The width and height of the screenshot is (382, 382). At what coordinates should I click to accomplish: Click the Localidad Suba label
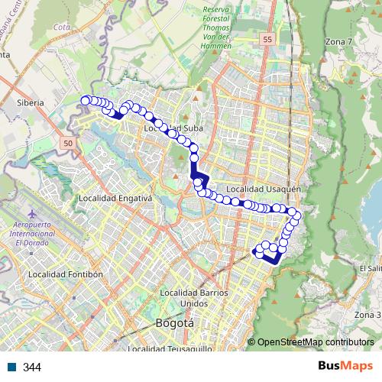click(172, 128)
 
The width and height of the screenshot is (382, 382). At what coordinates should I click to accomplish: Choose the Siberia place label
click(29, 102)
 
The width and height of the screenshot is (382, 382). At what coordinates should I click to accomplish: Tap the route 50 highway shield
click(69, 143)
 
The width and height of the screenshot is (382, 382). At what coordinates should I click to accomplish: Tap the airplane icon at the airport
click(31, 214)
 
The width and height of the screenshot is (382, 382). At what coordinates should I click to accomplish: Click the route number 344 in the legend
click(32, 367)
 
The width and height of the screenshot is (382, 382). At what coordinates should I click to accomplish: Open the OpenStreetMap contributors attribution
click(315, 342)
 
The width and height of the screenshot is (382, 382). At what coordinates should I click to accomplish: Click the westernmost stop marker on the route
click(86, 99)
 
